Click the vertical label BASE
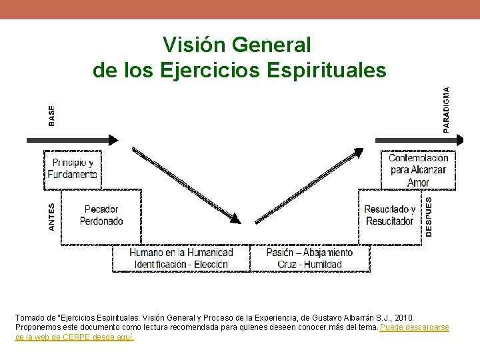(x=52, y=115)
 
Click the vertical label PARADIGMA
(x=446, y=110)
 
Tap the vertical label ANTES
(x=52, y=218)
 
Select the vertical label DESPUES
(x=429, y=215)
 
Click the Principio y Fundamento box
(x=73, y=169)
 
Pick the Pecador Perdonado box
(x=101, y=215)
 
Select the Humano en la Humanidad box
(x=181, y=259)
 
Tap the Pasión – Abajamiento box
(x=309, y=259)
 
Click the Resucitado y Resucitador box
(x=390, y=215)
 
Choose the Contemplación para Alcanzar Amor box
(x=419, y=170)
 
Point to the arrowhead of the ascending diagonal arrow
(x=358, y=153)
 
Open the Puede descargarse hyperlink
(x=414, y=328)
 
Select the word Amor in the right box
(x=418, y=182)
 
